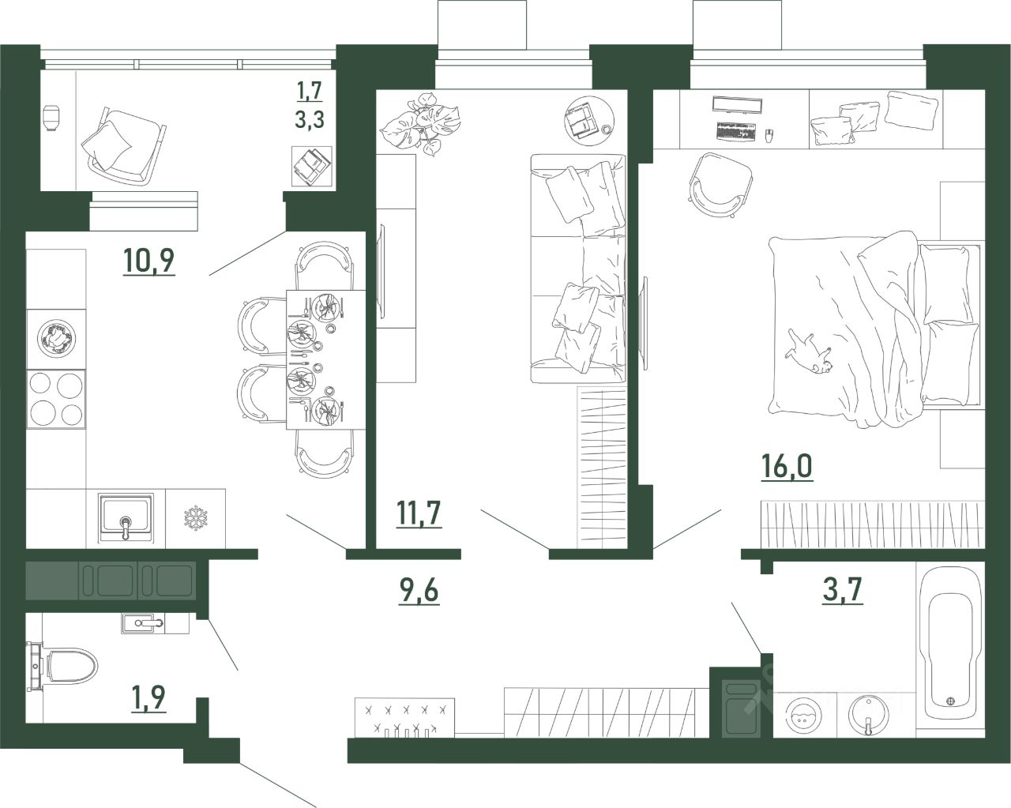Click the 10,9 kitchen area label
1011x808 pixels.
149,261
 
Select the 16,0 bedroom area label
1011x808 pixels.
787,466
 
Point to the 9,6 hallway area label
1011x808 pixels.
419,590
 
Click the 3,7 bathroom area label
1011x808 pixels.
842,589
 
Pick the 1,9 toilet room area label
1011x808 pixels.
149,697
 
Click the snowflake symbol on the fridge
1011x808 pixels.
195,518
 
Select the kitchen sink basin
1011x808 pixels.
126,518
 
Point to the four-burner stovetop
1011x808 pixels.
56,399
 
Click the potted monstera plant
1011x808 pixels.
420,123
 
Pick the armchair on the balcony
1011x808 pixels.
123,145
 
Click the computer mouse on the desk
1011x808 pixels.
769,136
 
